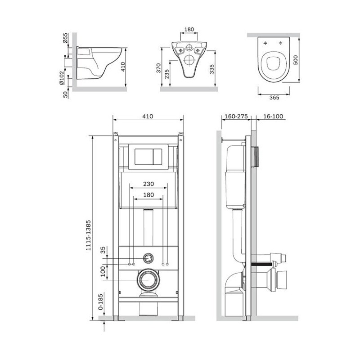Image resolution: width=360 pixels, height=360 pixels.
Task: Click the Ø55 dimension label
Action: pyautogui.click(x=65, y=38)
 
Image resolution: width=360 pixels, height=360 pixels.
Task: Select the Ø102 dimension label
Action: pyautogui.click(x=62, y=78)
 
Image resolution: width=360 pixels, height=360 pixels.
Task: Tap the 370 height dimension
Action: pyautogui.click(x=159, y=68)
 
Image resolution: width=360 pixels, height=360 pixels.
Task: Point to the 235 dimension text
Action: pyautogui.click(x=167, y=74)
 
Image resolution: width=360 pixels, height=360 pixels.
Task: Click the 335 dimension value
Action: pyautogui.click(x=211, y=69)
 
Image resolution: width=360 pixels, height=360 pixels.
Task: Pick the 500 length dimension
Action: pyautogui.click(x=296, y=60)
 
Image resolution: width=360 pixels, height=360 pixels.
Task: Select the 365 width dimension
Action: pyautogui.click(x=274, y=98)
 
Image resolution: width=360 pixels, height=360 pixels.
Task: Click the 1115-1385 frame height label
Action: pyautogui.click(x=88, y=235)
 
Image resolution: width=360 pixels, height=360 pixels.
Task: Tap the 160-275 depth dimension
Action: pyautogui.click(x=236, y=117)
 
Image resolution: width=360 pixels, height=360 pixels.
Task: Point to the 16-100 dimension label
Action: pyautogui.click(x=273, y=117)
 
